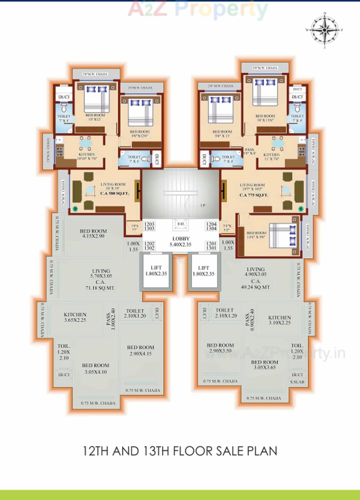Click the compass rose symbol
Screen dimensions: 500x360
pyautogui.click(x=325, y=30)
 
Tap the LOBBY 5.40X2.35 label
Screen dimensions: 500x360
pyautogui.click(x=181, y=241)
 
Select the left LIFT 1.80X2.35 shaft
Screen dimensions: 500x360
pyautogui.click(x=156, y=271)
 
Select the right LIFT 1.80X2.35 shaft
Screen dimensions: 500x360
pyautogui.click(x=203, y=271)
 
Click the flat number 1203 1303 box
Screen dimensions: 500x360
pyautogui.click(x=149, y=226)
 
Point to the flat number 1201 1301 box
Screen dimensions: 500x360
pyautogui.click(x=211, y=246)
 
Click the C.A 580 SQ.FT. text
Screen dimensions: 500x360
pyautogui.click(x=114, y=194)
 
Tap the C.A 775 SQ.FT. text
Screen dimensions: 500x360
pyautogui.click(x=254, y=195)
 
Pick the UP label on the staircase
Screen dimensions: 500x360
pyautogui.click(x=203, y=205)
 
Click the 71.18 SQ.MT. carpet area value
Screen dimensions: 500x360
pyautogui.click(x=100, y=288)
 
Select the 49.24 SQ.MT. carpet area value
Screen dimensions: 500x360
pyautogui.click(x=255, y=287)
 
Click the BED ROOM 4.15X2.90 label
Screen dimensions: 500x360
pyautogui.click(x=93, y=234)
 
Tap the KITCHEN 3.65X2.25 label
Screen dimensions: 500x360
pyautogui.click(x=75, y=317)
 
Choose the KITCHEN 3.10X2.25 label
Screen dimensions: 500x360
pyautogui.click(x=279, y=320)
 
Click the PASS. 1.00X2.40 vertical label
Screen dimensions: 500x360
pyautogui.click(x=111, y=319)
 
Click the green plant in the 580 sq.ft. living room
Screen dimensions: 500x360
pyautogui.click(x=75, y=209)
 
